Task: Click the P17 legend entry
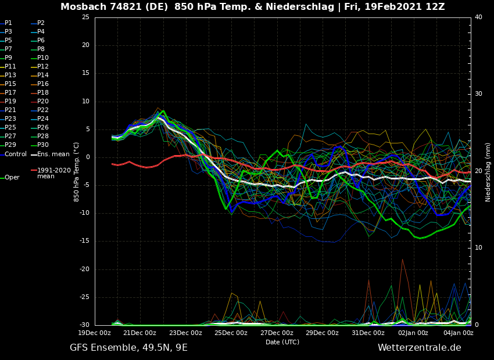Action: click(10, 93)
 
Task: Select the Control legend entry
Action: click(16, 154)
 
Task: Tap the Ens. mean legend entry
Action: click(53, 154)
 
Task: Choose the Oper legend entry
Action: click(12, 178)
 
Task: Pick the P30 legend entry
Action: click(43, 145)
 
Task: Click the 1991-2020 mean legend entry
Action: click(53, 173)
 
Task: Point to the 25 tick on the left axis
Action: click(85, 17)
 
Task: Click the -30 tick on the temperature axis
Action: click(84, 325)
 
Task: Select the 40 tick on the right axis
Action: click(478, 17)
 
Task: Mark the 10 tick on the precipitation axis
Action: click(478, 248)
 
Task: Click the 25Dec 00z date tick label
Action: click(231, 333)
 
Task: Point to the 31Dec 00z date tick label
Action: click(368, 333)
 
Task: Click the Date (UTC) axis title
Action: click(282, 343)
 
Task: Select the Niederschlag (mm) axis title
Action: click(488, 172)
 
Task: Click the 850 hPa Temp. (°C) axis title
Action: click(77, 172)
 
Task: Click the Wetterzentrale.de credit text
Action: click(419, 348)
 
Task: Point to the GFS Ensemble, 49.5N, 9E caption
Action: click(128, 348)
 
